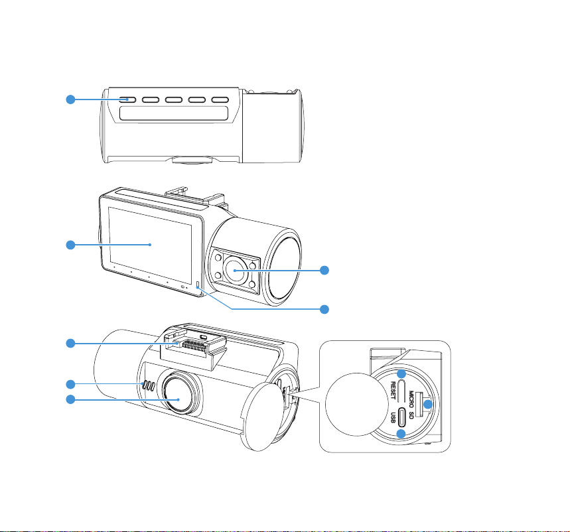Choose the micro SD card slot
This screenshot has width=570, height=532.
pos(422,404)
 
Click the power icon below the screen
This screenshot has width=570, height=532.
pos(184,287)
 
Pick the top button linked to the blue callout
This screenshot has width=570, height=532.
pos(130,100)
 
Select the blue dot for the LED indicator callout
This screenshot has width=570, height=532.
pos(324,309)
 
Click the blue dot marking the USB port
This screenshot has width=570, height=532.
pos(401,434)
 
